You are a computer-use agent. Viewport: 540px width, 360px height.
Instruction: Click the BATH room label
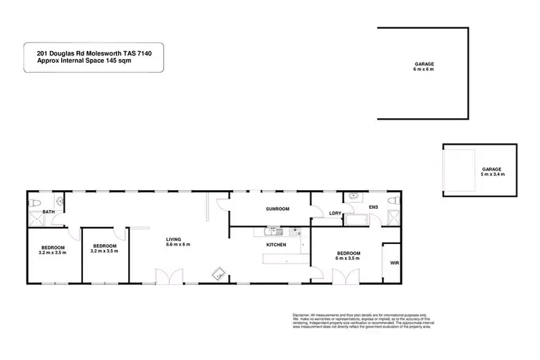(49, 212)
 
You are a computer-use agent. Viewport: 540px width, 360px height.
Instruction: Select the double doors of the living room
(164, 276)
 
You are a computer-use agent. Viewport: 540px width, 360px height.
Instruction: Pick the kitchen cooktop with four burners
(294, 232)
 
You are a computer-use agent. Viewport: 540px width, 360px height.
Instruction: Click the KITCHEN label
(276, 246)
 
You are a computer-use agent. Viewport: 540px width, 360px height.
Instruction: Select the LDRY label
(335, 213)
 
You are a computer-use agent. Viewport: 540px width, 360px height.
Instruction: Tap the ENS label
(373, 208)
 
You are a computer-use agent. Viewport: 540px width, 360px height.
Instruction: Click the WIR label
(394, 264)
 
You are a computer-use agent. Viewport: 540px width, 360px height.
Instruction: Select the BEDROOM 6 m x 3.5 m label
(348, 256)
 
